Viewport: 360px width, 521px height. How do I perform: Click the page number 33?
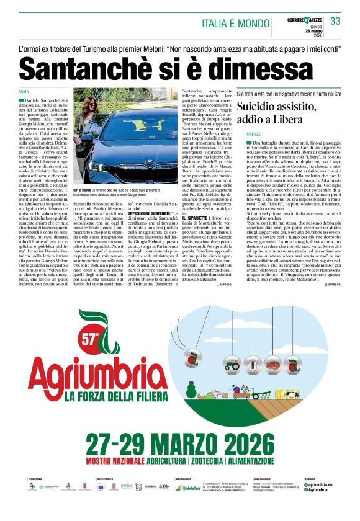(335, 21)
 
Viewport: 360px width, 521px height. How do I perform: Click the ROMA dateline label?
(24, 92)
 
